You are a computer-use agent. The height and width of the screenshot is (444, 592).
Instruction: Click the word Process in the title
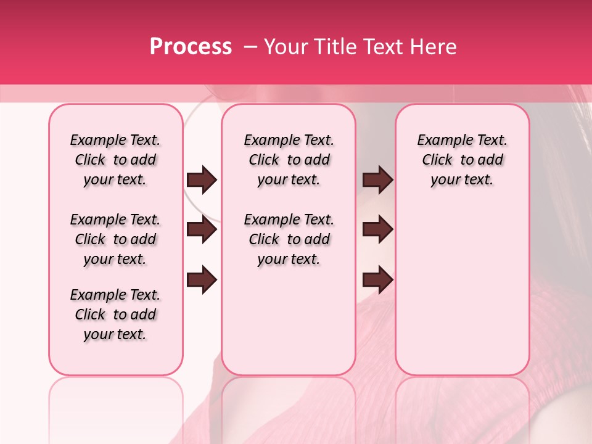pos(191,47)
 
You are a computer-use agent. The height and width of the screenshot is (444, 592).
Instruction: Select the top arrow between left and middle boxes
pos(202,180)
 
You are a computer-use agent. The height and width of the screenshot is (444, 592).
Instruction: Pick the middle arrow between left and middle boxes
pos(202,229)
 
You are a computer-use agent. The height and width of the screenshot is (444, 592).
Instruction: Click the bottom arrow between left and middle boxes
pos(202,280)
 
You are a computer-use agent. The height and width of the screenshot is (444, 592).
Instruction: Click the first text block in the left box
pos(115,160)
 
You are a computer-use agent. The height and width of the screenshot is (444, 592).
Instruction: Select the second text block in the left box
pos(115,239)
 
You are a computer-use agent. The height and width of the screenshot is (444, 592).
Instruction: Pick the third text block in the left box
pos(115,314)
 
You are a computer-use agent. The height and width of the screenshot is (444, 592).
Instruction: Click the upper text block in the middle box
pos(289,160)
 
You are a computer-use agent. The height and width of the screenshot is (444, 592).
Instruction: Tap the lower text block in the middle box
pos(289,239)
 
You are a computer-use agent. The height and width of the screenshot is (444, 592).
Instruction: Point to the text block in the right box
pos(462,160)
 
